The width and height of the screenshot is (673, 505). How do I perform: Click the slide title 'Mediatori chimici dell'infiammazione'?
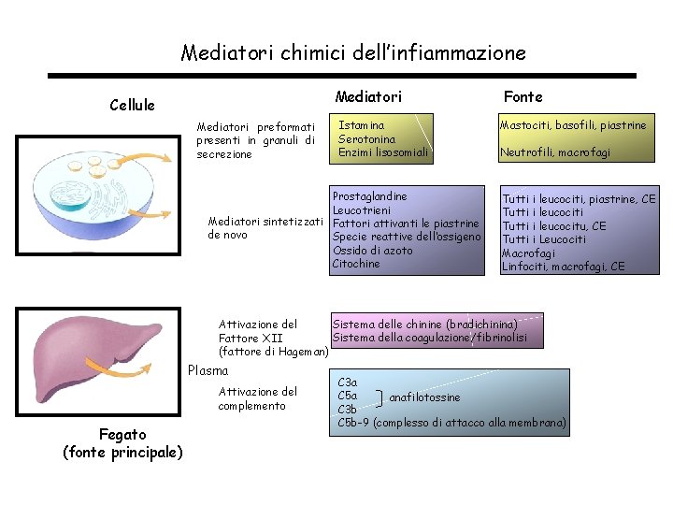353,52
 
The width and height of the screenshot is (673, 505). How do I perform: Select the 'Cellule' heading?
132,105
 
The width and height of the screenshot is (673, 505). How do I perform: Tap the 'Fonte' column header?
523,96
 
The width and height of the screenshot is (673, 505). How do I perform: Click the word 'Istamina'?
361,124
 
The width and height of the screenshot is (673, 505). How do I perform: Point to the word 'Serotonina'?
366,138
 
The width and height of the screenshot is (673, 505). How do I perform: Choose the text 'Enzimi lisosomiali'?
383,152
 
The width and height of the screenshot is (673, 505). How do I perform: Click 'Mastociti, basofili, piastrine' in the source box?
572,125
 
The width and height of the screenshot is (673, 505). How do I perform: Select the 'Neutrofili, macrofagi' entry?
554,152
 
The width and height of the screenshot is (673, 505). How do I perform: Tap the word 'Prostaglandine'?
370,196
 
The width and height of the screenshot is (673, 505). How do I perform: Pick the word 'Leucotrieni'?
363,210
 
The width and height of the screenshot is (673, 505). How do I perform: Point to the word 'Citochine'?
356,264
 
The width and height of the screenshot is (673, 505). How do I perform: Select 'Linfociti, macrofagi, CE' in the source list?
563,267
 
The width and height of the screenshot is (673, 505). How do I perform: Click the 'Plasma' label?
208,370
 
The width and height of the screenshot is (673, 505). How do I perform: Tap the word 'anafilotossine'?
424,397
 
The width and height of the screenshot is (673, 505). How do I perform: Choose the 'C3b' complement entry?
347,410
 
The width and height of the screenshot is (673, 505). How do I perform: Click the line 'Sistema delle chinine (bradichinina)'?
425,324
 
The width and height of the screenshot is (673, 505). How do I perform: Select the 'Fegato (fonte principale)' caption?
122,443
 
